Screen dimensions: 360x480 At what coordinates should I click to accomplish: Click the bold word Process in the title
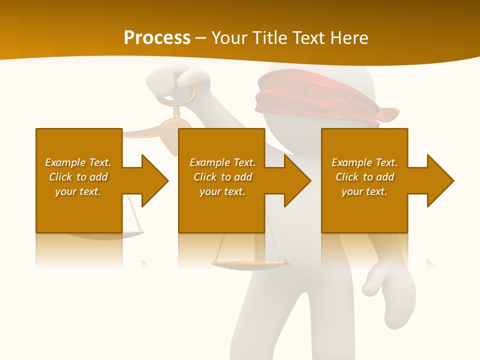tap(157, 38)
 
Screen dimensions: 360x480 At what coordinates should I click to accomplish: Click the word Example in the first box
tap(65, 162)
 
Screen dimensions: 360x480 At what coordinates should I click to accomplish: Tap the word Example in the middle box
tap(210, 162)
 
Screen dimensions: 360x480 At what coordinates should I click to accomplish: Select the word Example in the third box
tap(352, 162)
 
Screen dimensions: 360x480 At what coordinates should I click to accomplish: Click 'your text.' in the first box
tap(78, 191)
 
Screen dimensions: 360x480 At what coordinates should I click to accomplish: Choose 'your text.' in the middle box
tap(222, 191)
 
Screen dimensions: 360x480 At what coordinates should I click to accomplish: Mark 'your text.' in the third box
tap(364, 191)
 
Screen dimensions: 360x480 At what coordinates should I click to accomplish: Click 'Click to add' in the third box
tap(364, 177)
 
